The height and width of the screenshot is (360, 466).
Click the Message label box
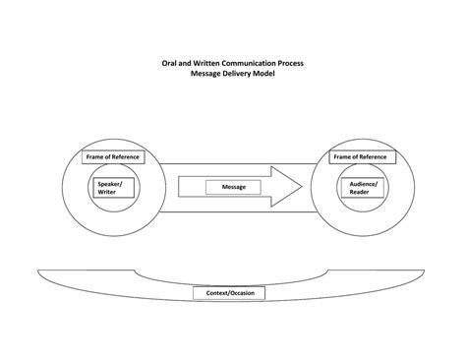pos(233,187)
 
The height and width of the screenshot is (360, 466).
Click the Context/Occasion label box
pos(233,294)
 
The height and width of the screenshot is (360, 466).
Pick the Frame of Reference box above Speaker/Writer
pos(112,157)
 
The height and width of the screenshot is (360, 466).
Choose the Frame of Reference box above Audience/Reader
pos(358,157)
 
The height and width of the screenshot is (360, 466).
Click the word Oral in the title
pos(171,63)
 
